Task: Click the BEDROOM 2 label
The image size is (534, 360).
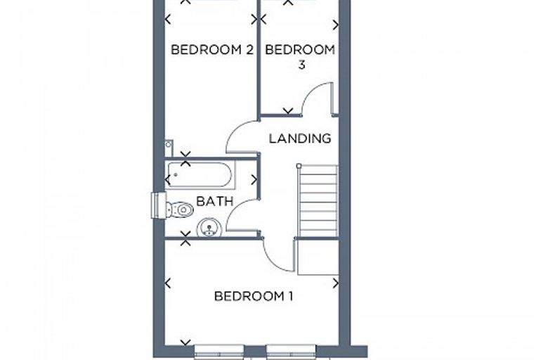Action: (x=211, y=50)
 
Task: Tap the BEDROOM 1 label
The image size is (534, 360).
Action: (x=254, y=296)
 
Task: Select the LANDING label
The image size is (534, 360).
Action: (x=300, y=139)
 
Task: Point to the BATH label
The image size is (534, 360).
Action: (x=214, y=201)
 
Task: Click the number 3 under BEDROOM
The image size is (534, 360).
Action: (x=301, y=65)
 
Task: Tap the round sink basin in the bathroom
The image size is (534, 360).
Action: (x=209, y=228)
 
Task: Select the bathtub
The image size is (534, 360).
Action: (x=200, y=175)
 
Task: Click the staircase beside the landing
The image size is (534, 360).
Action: (x=318, y=201)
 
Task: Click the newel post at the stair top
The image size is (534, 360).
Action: (x=299, y=166)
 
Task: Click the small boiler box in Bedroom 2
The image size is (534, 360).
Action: (x=169, y=148)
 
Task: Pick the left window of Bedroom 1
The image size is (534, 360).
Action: (x=219, y=350)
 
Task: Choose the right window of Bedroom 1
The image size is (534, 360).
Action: (x=291, y=350)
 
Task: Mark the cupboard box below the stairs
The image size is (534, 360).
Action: (x=318, y=257)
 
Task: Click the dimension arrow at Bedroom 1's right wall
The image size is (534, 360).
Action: (x=336, y=283)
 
